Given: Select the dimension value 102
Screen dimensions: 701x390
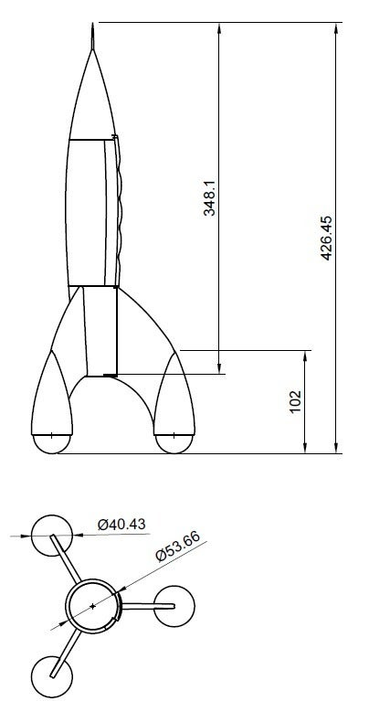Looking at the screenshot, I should pyautogui.click(x=295, y=402).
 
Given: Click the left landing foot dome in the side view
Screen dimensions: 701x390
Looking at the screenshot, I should pyautogui.click(x=52, y=442).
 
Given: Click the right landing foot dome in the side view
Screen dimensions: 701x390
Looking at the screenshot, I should pyautogui.click(x=174, y=442).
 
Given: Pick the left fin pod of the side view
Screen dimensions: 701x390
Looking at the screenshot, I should pyautogui.click(x=52, y=393).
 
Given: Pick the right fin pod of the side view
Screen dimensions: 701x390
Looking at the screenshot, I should pyautogui.click(x=174, y=393).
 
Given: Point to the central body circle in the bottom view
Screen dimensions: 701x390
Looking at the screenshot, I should pyautogui.click(x=93, y=605).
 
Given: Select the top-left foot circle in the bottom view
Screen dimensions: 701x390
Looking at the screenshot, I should pyautogui.click(x=52, y=534).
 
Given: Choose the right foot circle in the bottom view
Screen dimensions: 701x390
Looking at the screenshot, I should pyautogui.click(x=174, y=606).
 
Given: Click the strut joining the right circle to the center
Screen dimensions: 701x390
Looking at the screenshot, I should pyautogui.click(x=139, y=606).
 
